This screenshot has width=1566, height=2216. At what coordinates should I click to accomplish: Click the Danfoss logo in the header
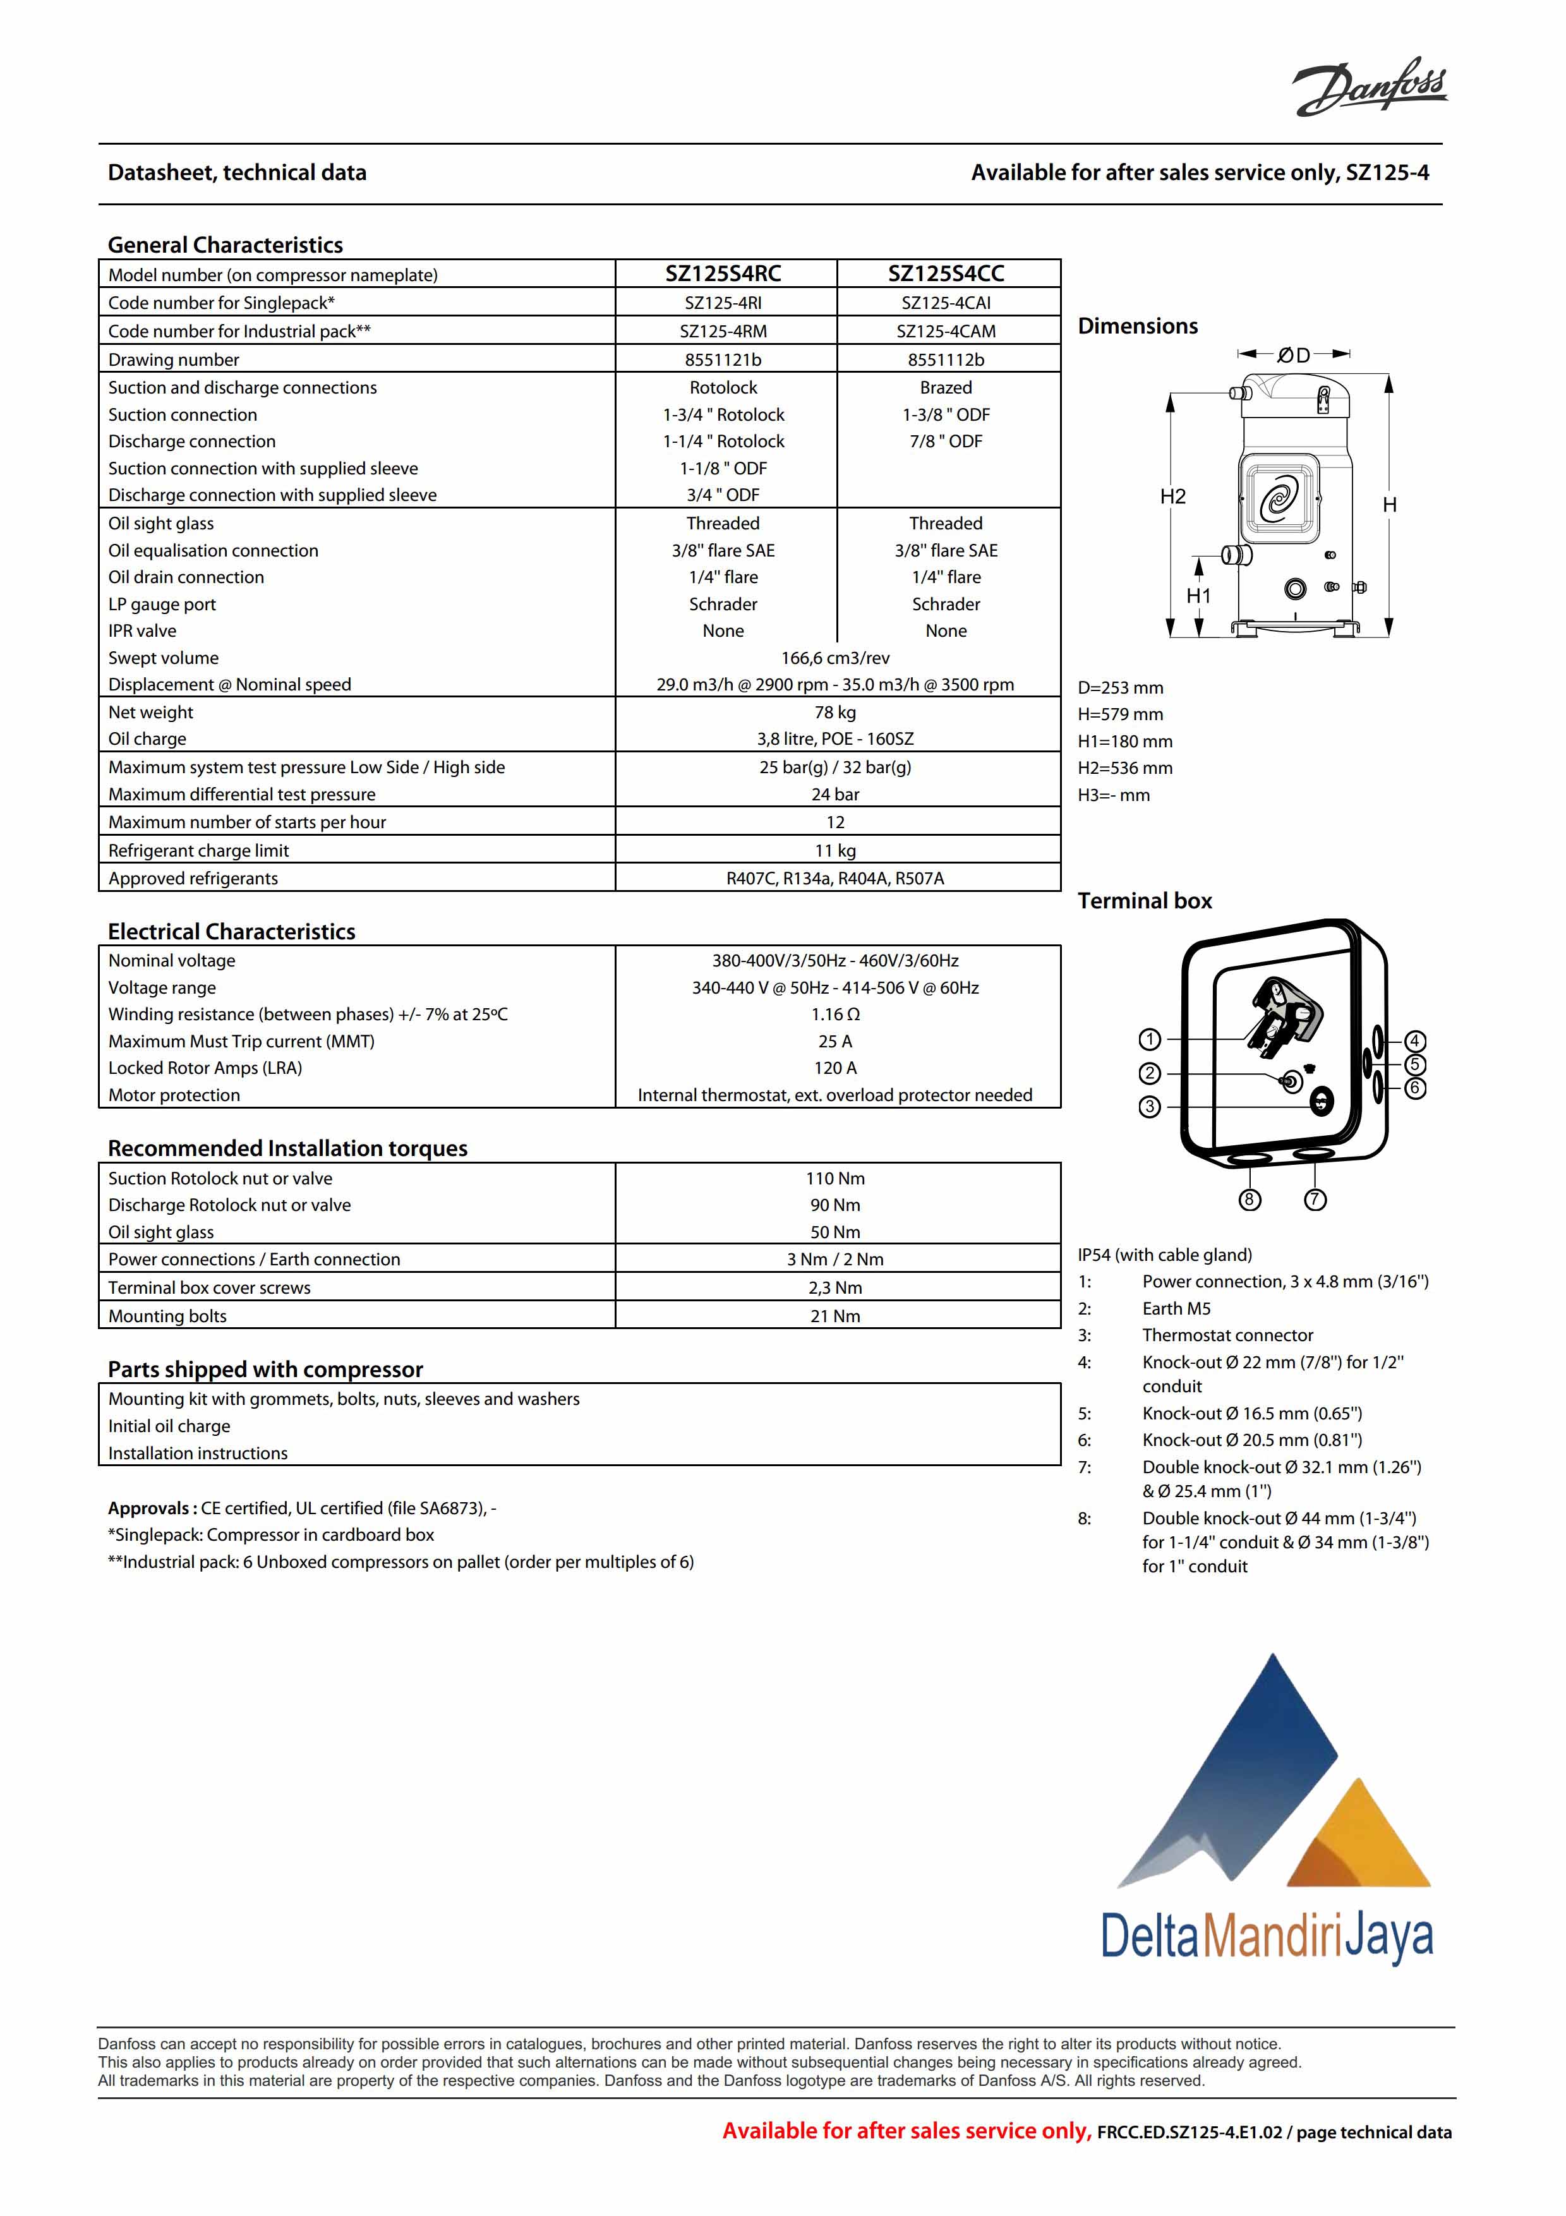point(1370,87)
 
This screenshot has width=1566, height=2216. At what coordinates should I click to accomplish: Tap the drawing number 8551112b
point(946,359)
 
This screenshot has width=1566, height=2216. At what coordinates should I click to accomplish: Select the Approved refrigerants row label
point(193,878)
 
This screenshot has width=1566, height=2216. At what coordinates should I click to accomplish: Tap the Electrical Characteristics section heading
point(232,931)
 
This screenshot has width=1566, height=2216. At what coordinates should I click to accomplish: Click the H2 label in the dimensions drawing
point(1172,497)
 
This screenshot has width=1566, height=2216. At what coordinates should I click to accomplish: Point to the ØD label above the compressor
point(1294,355)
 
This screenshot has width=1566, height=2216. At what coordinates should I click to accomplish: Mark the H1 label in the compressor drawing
point(1198,596)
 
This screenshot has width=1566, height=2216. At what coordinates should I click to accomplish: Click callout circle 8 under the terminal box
point(1250,1200)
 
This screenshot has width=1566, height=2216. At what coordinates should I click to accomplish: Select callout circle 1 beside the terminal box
point(1149,1040)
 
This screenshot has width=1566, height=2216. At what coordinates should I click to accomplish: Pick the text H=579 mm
point(1120,714)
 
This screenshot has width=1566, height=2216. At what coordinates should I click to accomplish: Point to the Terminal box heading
point(1145,901)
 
